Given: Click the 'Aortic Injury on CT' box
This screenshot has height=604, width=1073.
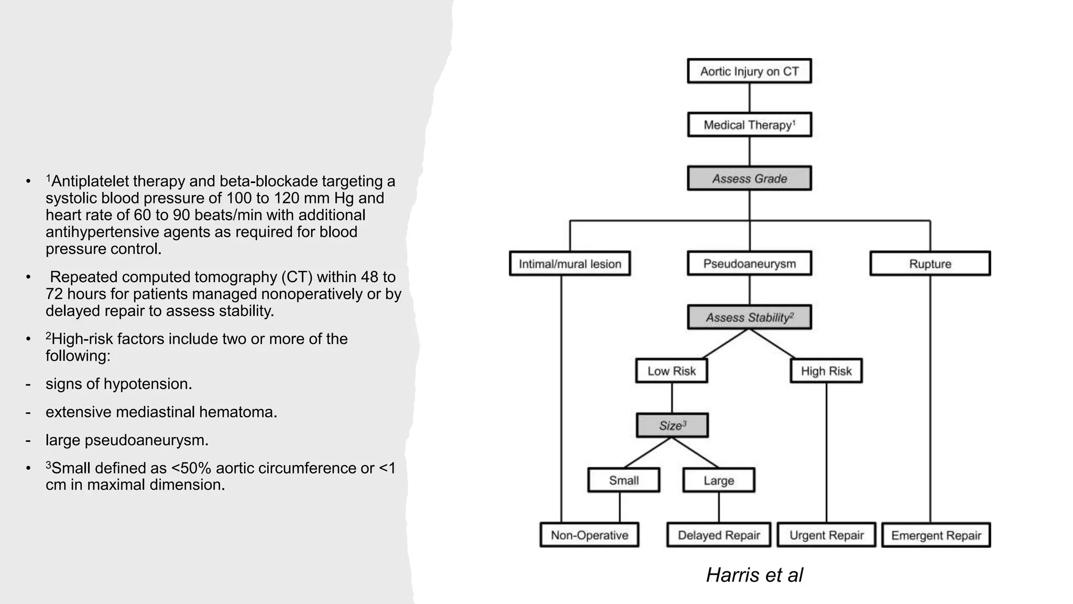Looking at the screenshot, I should point(749,71).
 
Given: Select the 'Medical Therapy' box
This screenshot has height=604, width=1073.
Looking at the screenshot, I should point(749,125).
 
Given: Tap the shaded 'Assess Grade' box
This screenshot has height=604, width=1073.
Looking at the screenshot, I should point(749,179).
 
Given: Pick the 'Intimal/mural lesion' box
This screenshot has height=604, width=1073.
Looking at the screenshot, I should point(570,264).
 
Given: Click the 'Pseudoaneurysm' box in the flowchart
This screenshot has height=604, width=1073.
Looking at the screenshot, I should point(749,264).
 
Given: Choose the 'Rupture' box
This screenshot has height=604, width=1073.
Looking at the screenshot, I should point(930,264).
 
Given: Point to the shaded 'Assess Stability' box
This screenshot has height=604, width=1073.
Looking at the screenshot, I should point(749,318).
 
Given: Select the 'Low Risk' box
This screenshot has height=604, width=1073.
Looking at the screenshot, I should point(672,371).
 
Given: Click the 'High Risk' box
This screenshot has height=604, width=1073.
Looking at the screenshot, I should point(826,371).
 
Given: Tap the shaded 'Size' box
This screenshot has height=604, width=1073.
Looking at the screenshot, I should point(672,426).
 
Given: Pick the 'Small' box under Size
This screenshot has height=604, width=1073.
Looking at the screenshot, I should point(623,480).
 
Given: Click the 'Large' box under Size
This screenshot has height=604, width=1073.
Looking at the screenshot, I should point(719,480).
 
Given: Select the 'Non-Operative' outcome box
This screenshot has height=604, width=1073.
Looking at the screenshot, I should point(589,535).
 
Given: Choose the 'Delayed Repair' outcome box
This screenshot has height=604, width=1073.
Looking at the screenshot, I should point(719,535).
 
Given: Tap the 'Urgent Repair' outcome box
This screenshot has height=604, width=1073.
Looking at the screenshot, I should point(826,535).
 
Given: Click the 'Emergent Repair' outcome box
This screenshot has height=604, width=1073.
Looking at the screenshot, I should point(936,535).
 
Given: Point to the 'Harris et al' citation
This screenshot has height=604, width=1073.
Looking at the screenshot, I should point(754,575).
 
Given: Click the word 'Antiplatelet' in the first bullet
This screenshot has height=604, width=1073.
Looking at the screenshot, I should point(92,181).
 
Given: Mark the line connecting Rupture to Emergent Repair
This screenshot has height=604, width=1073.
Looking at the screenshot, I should point(930,398).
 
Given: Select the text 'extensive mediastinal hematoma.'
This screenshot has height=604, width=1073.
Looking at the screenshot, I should point(161,412).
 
